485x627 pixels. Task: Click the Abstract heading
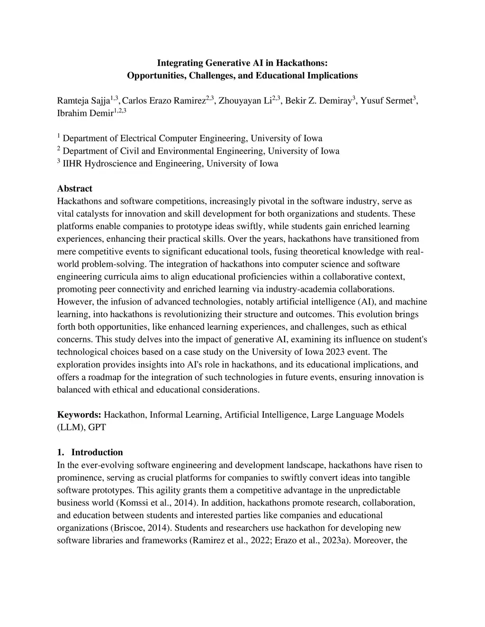(x=74, y=188)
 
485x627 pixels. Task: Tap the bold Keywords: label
(x=79, y=415)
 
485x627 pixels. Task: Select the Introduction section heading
(x=97, y=452)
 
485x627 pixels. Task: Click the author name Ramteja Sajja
(x=83, y=101)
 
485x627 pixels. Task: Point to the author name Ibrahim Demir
(x=85, y=114)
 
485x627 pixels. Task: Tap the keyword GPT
(x=97, y=427)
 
